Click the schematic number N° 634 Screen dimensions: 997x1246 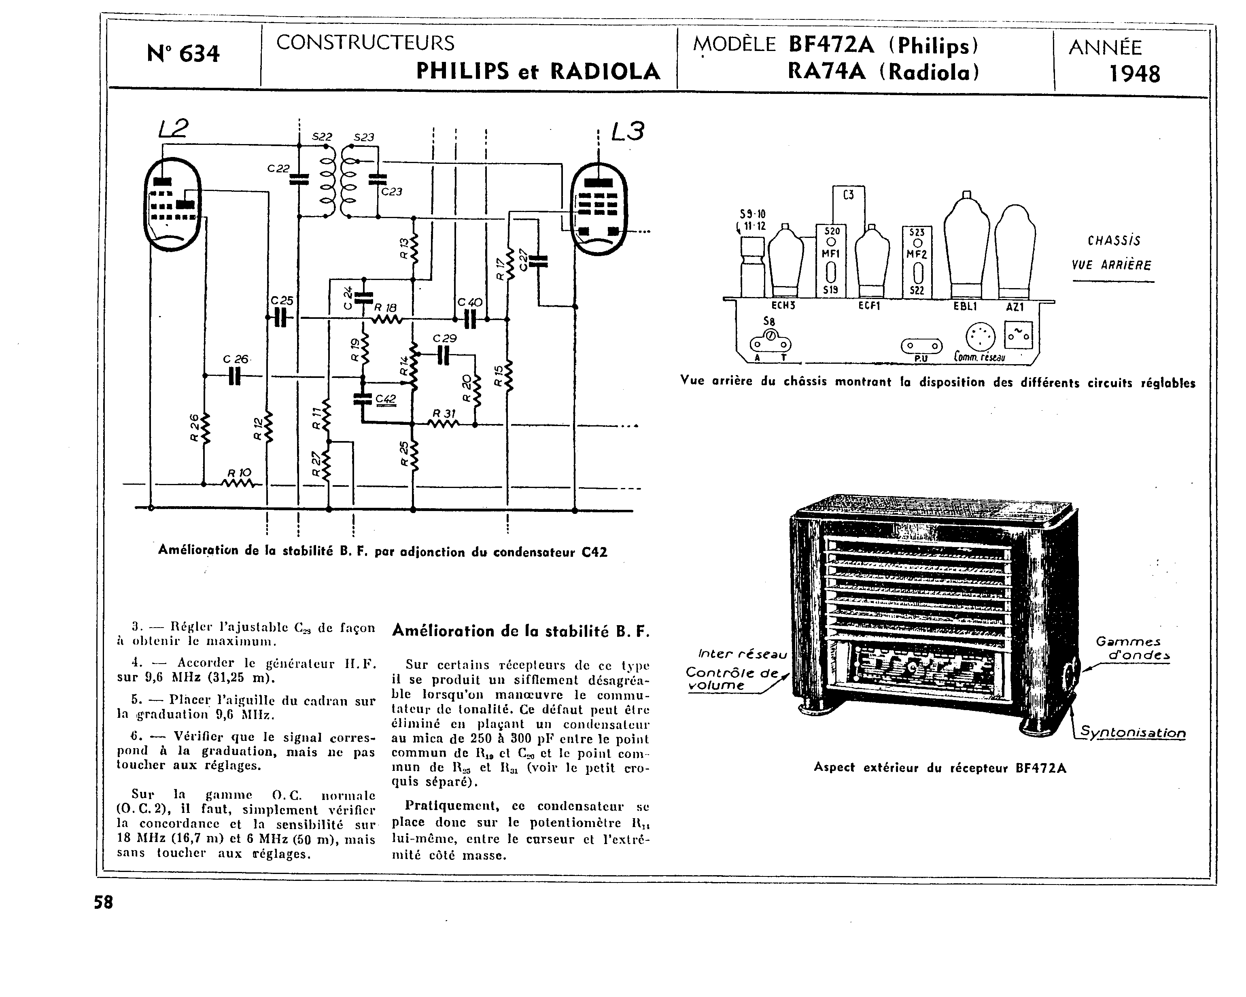(x=183, y=54)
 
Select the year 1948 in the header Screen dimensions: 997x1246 (x=1134, y=74)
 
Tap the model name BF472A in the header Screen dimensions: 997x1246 (x=830, y=45)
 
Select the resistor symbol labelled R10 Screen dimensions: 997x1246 (x=239, y=484)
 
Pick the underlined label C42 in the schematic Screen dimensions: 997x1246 (x=386, y=399)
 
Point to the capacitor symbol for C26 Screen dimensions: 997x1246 (x=235, y=376)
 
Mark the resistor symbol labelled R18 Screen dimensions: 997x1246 (x=386, y=318)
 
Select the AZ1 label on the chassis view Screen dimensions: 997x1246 (x=1015, y=308)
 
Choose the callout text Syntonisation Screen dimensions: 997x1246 (x=1133, y=733)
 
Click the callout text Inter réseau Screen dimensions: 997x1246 (x=743, y=654)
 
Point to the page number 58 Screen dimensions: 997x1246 (x=104, y=902)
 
